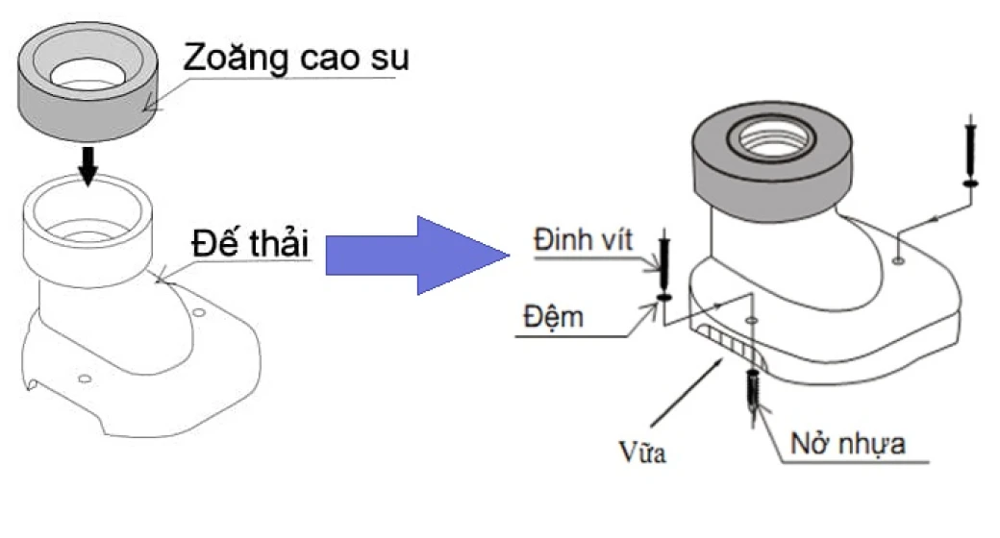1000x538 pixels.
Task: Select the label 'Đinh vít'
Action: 584,240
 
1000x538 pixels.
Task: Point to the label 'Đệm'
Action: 559,315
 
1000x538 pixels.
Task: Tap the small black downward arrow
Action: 87,164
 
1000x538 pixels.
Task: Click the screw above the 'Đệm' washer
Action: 662,258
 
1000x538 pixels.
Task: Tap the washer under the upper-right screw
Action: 971,183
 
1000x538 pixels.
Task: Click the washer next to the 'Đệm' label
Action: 662,297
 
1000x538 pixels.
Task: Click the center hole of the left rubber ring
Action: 85,71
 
